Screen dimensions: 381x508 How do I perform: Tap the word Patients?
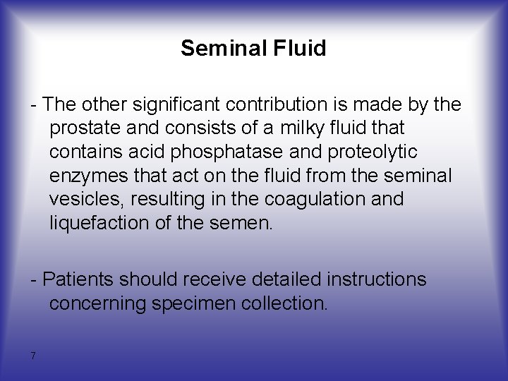(x=77, y=279)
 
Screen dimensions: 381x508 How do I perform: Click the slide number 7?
(x=32, y=356)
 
